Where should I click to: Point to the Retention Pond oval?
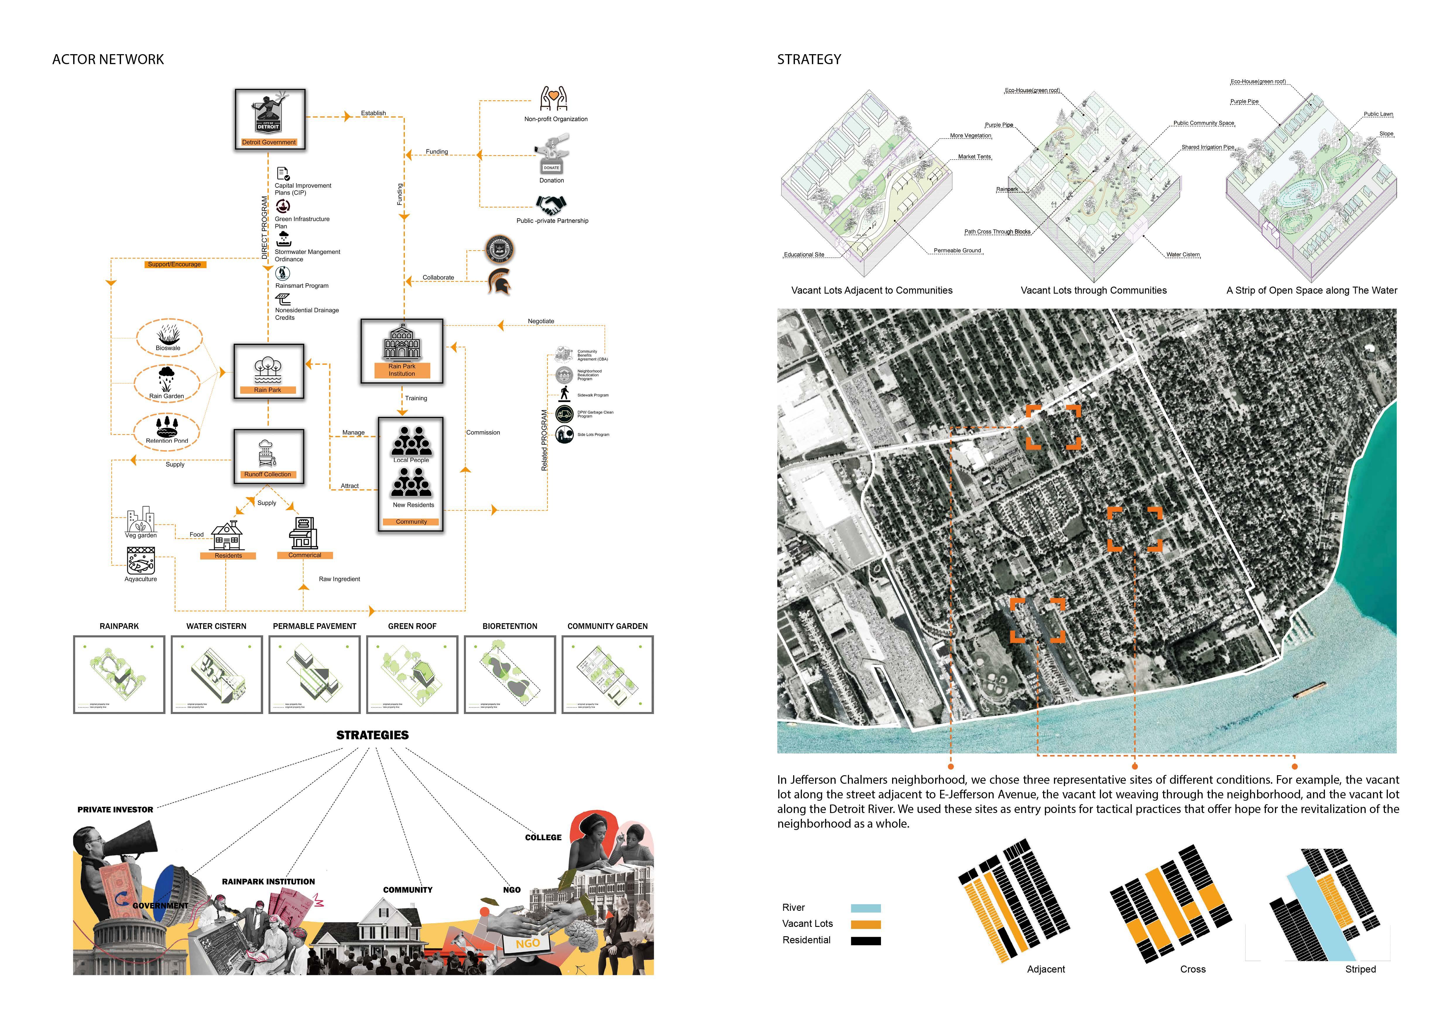167,431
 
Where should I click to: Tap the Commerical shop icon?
304,533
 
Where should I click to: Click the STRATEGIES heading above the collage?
373,735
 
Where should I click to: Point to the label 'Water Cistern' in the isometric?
1183,255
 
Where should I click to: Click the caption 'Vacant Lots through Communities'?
1093,290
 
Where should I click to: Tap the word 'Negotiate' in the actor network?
541,321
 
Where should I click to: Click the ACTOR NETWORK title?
108,59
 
